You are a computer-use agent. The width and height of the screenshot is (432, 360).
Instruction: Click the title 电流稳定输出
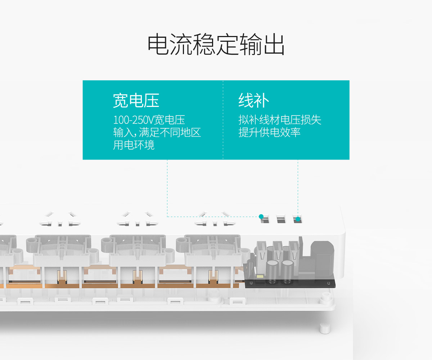(x=216, y=45)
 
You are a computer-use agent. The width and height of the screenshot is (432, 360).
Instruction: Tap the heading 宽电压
(x=136, y=100)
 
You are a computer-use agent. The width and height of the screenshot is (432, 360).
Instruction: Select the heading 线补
(x=253, y=100)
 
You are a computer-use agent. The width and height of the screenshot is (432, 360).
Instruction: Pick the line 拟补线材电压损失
(x=279, y=120)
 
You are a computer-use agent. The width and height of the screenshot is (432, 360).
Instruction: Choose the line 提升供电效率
(x=269, y=132)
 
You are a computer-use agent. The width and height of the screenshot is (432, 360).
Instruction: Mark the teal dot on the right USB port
(x=298, y=219)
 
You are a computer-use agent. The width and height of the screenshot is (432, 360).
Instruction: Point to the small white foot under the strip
(x=324, y=327)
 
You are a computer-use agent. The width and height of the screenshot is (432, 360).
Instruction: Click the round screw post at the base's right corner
(x=326, y=296)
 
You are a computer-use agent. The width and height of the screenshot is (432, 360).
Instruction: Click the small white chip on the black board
(x=260, y=277)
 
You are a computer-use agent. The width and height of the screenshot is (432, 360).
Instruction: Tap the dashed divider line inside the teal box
(x=223, y=120)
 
